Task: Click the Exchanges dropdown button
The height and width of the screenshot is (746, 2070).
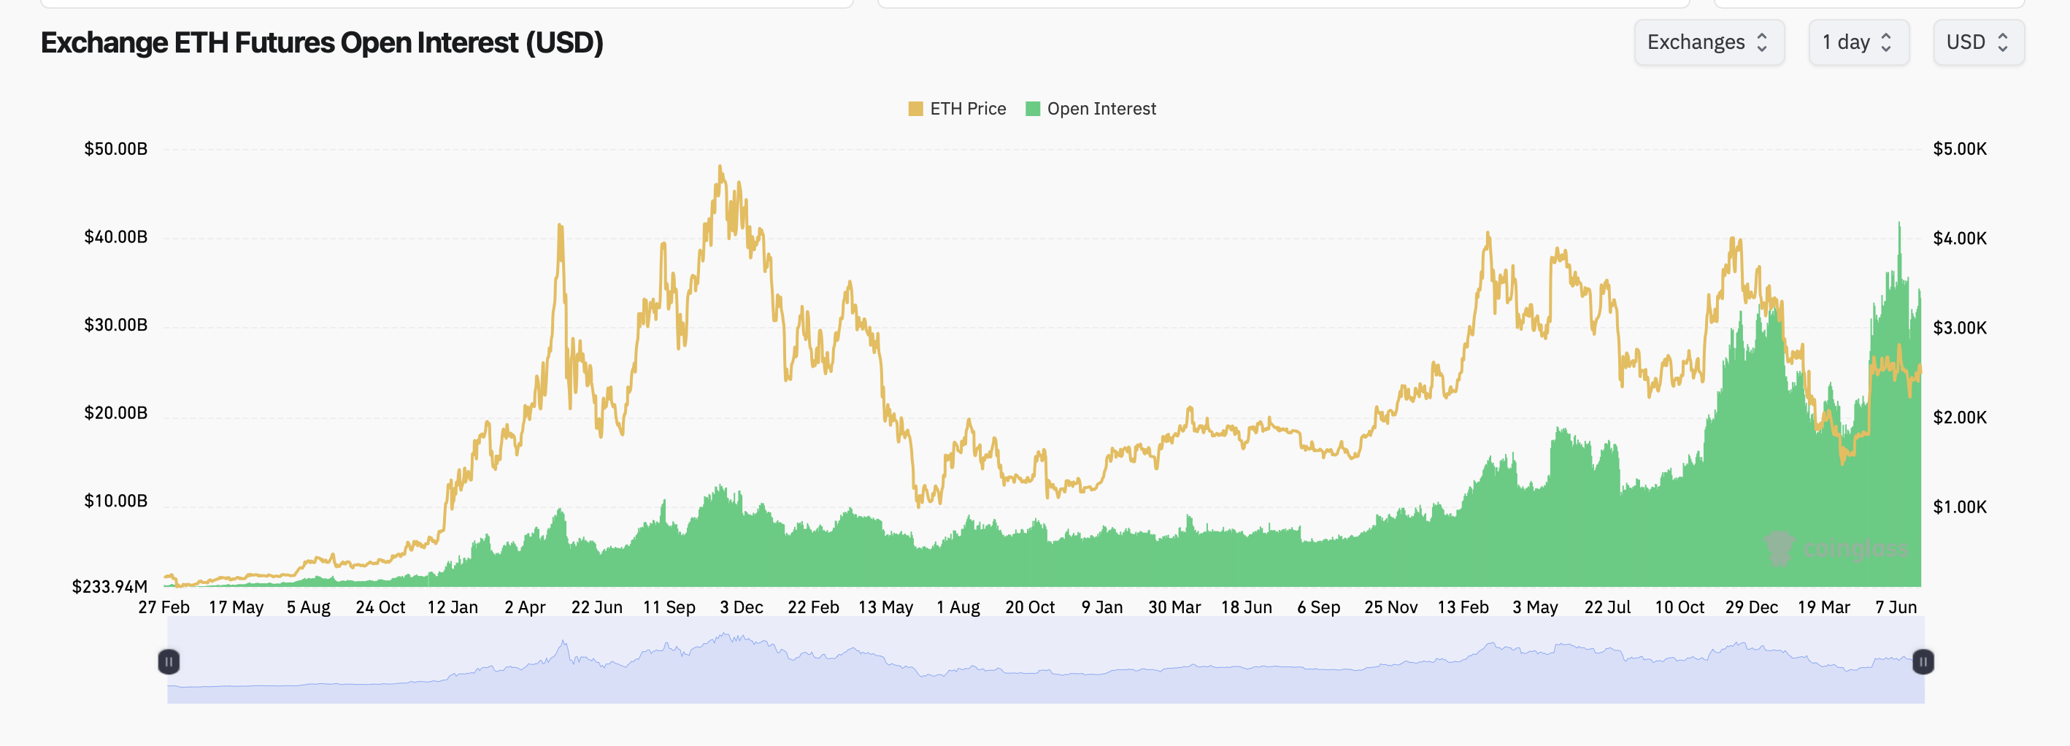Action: [x=1709, y=42]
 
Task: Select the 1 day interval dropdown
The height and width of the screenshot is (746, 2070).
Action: [x=1857, y=42]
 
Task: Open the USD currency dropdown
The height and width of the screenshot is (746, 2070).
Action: [x=1977, y=42]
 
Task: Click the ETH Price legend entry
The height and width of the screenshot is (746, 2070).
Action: [x=957, y=109]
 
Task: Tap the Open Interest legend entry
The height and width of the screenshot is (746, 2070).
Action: [x=1090, y=109]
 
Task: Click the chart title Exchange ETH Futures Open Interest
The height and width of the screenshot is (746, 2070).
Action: [x=321, y=42]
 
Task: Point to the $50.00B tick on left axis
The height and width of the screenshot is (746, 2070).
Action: [x=116, y=149]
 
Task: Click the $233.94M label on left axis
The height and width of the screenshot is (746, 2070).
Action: [x=110, y=586]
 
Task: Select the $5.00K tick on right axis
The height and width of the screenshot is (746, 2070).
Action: [x=1959, y=149]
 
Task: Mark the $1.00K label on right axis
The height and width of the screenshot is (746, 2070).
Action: [x=1959, y=507]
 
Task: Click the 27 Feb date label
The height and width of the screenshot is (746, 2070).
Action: [x=164, y=607]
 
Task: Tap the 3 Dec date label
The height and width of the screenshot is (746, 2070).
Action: [x=741, y=607]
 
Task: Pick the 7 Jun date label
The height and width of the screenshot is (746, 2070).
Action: [x=1896, y=607]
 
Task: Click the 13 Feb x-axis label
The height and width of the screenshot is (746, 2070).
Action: [x=1463, y=607]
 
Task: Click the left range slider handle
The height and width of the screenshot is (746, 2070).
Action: [x=169, y=661]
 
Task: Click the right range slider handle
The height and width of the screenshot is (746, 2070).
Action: [x=1923, y=661]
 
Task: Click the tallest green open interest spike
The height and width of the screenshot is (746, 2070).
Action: [x=1900, y=225]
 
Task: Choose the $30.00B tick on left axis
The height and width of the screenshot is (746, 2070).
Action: [x=116, y=325]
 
